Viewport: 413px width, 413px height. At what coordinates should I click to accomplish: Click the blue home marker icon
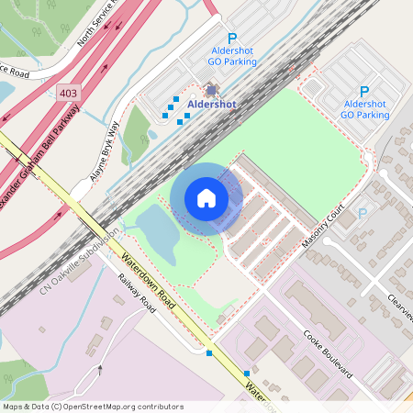point(206,198)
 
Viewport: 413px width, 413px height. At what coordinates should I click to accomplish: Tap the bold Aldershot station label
point(211,105)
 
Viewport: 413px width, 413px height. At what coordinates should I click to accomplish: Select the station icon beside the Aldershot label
point(212,91)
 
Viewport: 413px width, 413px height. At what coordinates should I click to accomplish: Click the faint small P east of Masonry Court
point(363,213)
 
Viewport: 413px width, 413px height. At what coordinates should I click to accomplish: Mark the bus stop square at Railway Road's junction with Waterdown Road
point(210,352)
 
